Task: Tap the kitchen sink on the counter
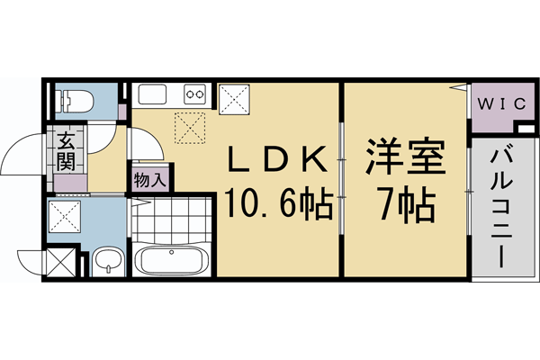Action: [x=151, y=94]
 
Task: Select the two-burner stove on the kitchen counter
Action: [x=194, y=93]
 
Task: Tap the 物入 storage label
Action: [x=149, y=178]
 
